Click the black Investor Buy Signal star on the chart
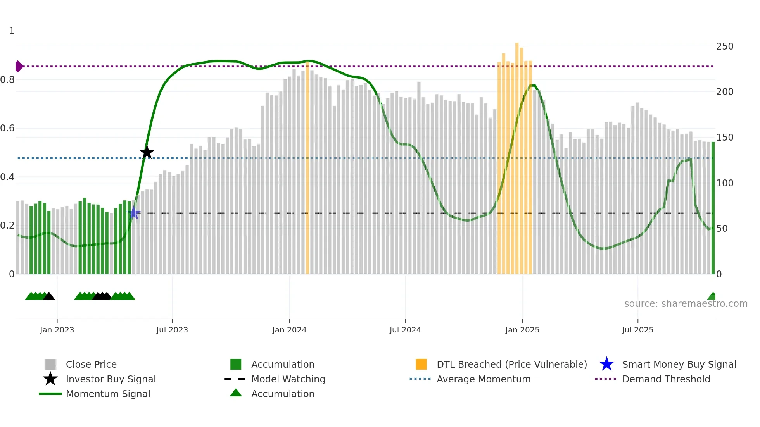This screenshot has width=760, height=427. pos(147,152)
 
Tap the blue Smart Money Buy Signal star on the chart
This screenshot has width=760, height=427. pos(134,213)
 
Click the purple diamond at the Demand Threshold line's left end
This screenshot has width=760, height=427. pos(19,66)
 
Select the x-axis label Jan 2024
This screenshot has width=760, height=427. pos(289,330)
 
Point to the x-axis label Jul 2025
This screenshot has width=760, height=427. pos(637,330)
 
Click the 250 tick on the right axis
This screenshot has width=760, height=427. pos(724,46)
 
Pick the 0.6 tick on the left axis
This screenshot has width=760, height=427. pos(8,128)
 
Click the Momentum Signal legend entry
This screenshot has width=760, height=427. pos(108,394)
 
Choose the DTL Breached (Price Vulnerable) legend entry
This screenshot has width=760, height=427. pos(511,364)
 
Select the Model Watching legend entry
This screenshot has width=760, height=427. pos(288,379)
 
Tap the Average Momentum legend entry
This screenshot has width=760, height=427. pos(483,379)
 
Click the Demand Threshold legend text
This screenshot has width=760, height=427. pos(666,379)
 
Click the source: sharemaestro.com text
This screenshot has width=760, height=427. pos(686,303)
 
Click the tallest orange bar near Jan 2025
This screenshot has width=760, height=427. pos(517,159)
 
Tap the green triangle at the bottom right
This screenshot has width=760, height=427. pos(712,296)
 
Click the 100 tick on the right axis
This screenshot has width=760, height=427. pos(724,183)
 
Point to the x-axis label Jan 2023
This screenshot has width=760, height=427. pos(57,330)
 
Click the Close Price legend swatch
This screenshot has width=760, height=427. pos(50,364)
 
